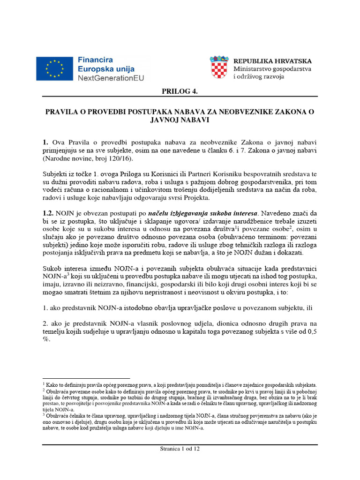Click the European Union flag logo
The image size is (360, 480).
(55, 68)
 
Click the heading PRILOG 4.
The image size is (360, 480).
(180, 91)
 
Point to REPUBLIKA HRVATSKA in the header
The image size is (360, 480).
(272, 61)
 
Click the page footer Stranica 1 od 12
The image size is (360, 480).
(180, 449)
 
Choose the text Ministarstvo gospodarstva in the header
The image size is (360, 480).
(272, 69)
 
